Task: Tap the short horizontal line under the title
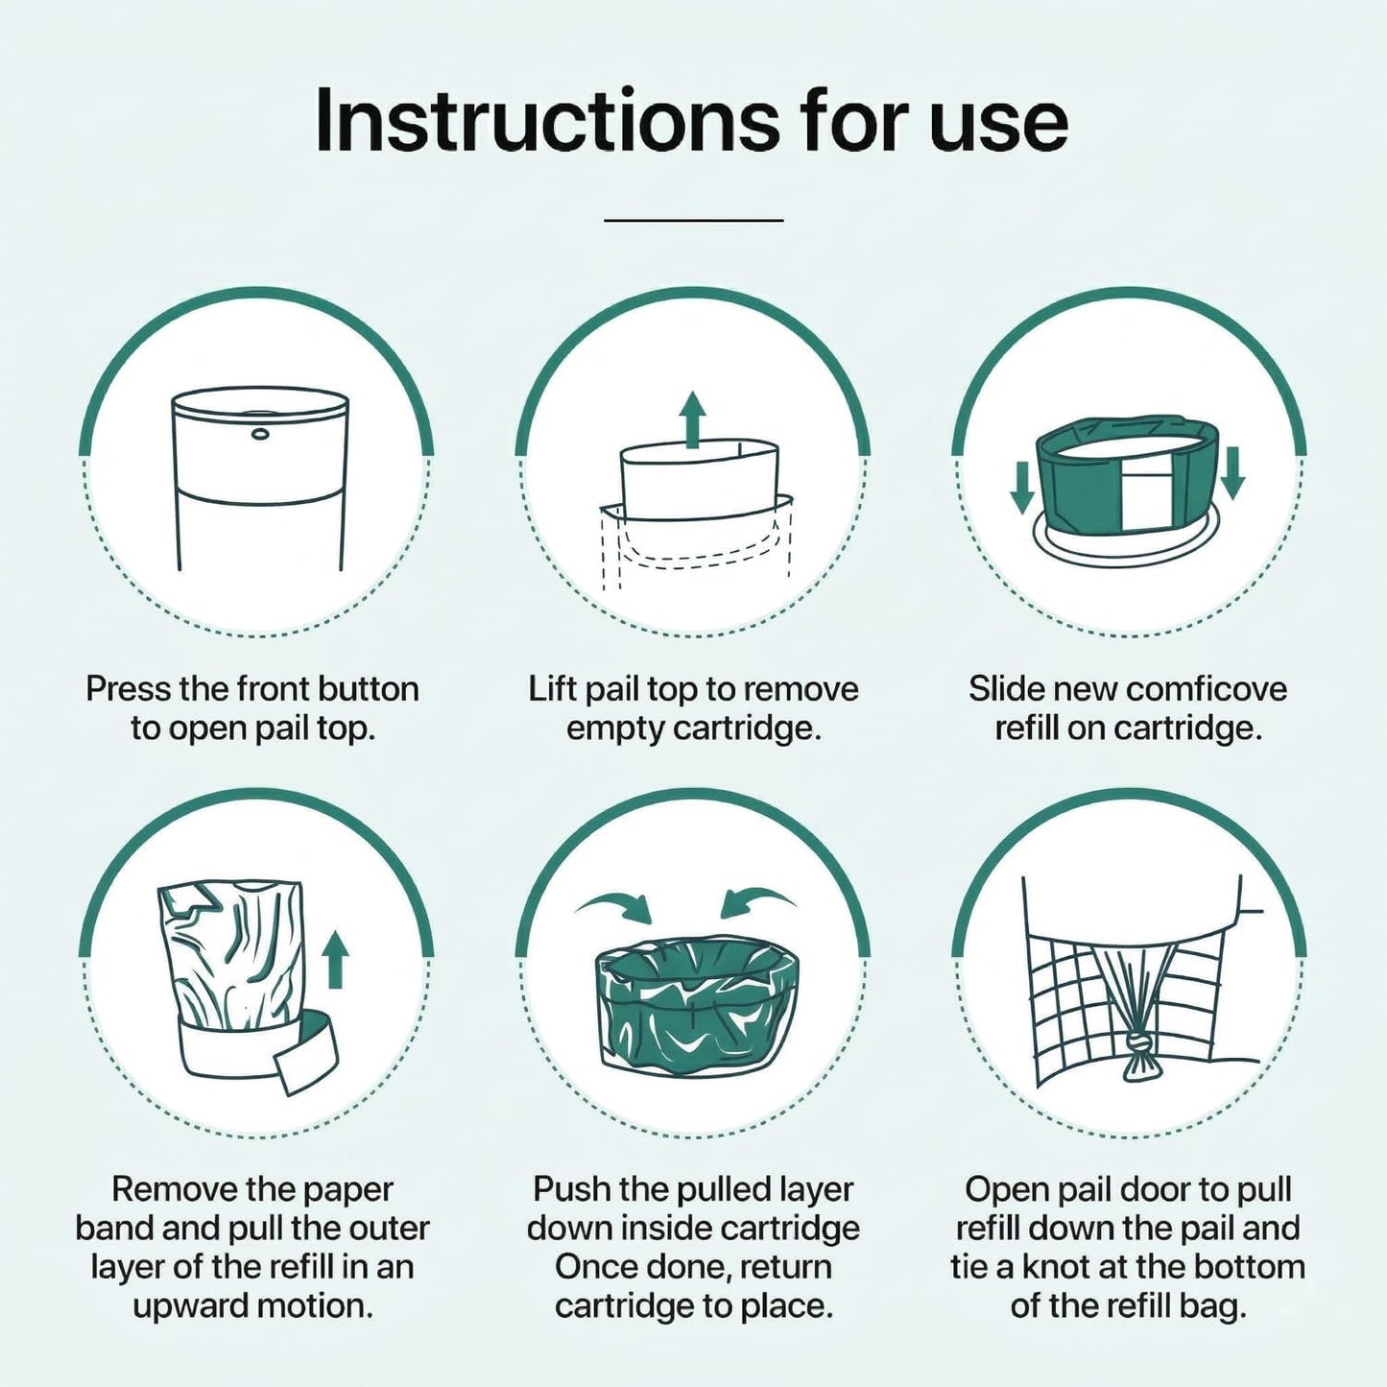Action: point(693,220)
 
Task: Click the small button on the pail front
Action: point(260,434)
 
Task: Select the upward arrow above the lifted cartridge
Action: point(692,420)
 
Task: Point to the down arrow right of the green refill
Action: point(1232,472)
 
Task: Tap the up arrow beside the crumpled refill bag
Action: point(334,960)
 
